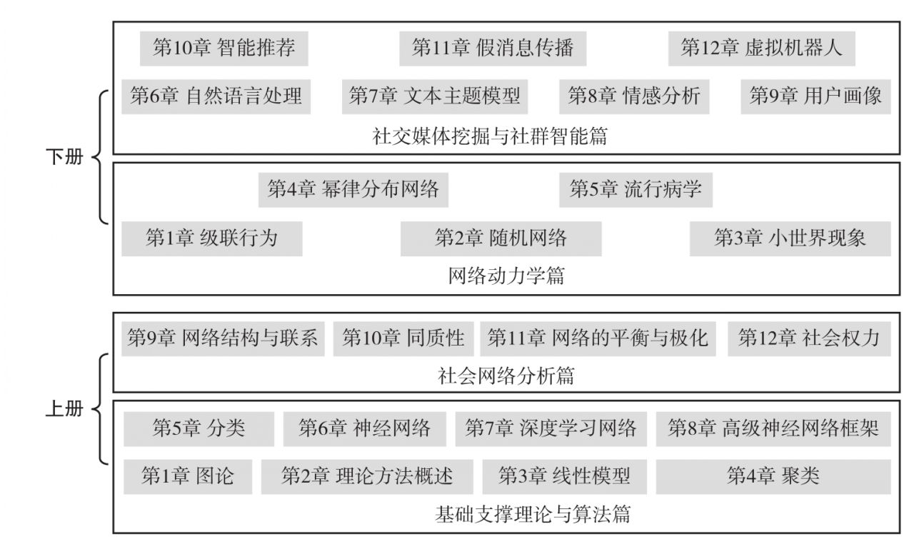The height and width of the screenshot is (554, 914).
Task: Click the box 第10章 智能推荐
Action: (x=224, y=49)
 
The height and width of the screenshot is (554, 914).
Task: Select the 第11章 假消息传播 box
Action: (x=493, y=49)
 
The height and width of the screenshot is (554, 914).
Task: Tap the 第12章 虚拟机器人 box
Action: (x=762, y=49)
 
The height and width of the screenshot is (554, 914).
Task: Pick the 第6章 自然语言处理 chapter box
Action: (x=216, y=96)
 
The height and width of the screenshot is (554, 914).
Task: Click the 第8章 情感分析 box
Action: (x=634, y=96)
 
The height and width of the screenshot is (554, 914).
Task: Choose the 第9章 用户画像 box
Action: (x=816, y=96)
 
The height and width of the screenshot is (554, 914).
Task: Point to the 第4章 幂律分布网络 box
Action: (x=353, y=190)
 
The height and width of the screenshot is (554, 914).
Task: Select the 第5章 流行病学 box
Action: (x=636, y=190)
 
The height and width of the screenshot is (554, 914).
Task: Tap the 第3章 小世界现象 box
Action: (x=790, y=238)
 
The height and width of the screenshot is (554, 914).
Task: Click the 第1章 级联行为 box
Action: (x=212, y=238)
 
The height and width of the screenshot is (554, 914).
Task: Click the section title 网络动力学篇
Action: (x=506, y=276)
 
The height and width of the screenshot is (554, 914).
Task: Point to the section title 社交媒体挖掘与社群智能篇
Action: (x=490, y=136)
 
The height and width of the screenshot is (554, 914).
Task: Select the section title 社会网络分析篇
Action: (x=506, y=376)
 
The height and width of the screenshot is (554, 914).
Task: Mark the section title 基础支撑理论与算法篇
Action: (x=533, y=514)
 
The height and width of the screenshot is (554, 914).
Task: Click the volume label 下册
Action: (x=64, y=156)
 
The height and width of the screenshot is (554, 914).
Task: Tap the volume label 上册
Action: (x=64, y=408)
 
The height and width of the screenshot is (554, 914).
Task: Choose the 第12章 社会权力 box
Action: (x=809, y=338)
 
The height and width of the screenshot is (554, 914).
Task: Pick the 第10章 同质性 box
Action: (x=403, y=338)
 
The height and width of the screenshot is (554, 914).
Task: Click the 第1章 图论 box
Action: (x=188, y=476)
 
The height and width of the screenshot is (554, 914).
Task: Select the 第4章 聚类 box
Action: (x=773, y=476)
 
